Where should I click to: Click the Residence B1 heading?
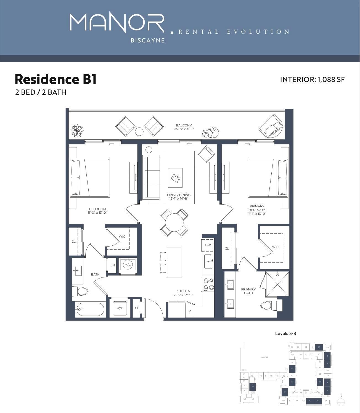(55, 79)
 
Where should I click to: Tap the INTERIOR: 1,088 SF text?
(312, 80)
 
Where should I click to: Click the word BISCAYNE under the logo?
(147, 40)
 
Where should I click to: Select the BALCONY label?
(184, 125)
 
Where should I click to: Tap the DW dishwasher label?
(208, 245)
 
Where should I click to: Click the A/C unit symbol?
(128, 265)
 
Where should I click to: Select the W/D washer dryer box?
(120, 308)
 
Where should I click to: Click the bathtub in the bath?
(90, 309)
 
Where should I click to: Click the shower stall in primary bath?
(277, 284)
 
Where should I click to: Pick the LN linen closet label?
(113, 265)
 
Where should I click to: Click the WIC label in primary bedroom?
(275, 247)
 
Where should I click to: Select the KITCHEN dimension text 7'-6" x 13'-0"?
(183, 295)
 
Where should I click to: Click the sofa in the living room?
(151, 177)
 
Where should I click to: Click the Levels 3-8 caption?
(285, 333)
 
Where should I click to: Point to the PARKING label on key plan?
(264, 357)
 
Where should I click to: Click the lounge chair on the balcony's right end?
(271, 126)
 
